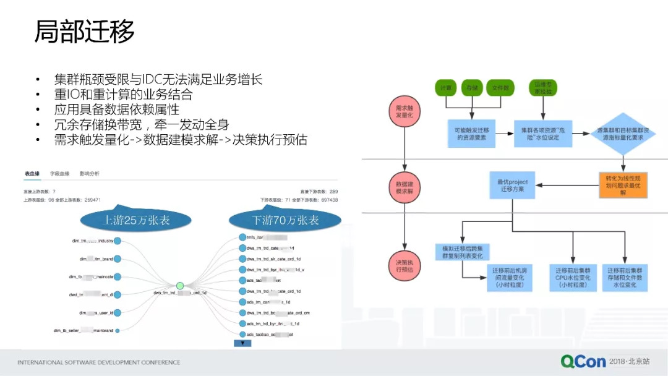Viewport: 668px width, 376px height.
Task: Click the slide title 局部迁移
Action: click(84, 32)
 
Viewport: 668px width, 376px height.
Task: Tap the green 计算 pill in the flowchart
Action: click(445, 88)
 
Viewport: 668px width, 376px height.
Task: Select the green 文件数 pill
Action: click(500, 88)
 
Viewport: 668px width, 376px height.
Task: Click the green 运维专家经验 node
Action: click(542, 88)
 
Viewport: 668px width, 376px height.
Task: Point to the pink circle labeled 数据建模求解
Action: click(404, 188)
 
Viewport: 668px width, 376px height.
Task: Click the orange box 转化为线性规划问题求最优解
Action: click(622, 185)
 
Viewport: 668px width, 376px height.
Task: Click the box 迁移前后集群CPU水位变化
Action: click(573, 278)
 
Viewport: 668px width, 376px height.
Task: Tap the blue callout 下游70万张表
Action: click(285, 220)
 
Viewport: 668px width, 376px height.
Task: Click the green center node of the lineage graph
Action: click(180, 286)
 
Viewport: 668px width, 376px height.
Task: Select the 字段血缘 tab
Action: click(60, 174)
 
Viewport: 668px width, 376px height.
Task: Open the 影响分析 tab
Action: click(90, 174)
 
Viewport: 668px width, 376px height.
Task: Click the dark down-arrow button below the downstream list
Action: click(242, 343)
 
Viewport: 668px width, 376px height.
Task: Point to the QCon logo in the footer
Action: click(583, 361)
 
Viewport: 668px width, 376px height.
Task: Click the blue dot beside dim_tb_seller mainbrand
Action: click(118, 331)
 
